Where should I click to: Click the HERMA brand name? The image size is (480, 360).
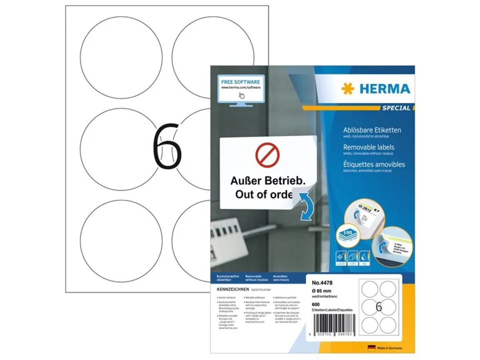pos(384,89)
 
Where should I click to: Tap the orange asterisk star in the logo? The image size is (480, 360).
pos(348,89)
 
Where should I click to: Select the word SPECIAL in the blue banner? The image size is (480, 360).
pos(396,108)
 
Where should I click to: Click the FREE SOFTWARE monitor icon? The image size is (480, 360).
pos(241,90)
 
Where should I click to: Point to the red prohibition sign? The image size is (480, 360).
pos(267,155)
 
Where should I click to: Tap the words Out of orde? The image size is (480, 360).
pos(264,195)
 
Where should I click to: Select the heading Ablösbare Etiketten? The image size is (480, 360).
pos(372,130)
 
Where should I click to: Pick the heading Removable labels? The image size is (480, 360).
pos(369,147)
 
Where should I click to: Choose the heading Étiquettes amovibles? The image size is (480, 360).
pos(374,164)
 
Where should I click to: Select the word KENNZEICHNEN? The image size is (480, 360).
pos(227,289)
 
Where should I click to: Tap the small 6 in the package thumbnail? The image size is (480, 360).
pos(379,307)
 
